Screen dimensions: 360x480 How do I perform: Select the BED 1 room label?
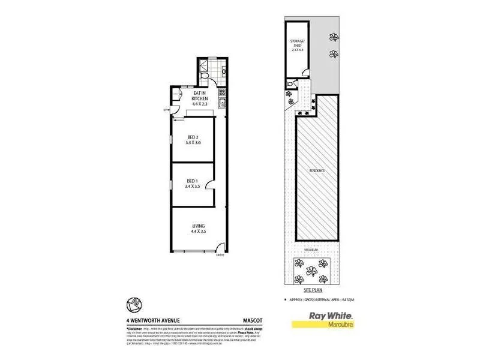coord(192,181)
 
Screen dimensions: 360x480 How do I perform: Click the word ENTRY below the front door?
coord(220,257)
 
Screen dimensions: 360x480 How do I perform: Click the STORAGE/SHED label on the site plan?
coord(296,44)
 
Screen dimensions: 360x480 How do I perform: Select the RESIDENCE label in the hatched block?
coord(317,171)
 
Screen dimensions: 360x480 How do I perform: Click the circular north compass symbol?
coord(134,305)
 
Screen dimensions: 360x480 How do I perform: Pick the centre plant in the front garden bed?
coord(312,271)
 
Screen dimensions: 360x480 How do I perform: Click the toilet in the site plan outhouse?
coord(291,86)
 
